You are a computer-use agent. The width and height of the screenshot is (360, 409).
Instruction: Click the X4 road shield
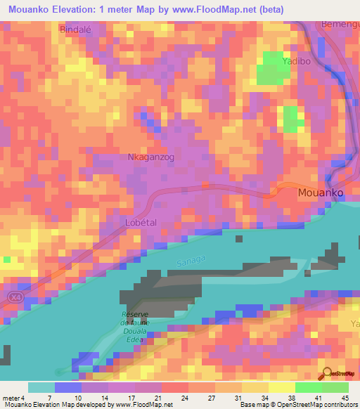click(15, 298)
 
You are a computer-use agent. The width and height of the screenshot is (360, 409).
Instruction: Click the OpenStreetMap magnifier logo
click(326, 374)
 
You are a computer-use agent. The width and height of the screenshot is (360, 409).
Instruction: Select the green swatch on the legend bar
click(322, 387)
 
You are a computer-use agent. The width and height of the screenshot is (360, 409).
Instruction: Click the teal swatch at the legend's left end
click(41, 387)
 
